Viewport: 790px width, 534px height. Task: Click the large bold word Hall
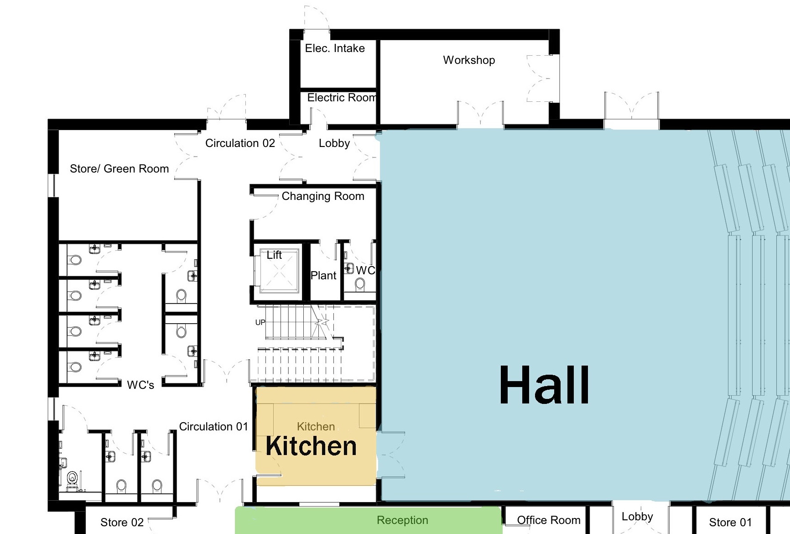coord(544,385)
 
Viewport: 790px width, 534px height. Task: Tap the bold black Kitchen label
coord(311,446)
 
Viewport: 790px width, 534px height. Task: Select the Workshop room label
coord(469,60)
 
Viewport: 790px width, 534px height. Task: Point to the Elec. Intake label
coord(335,48)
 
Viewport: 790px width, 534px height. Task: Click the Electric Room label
coord(342,98)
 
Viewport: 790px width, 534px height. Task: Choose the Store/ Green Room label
coord(119,169)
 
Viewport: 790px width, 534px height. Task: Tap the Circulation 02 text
coord(240,143)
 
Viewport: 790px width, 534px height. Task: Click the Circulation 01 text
coord(213,427)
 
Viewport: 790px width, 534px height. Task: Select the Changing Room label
coord(323,196)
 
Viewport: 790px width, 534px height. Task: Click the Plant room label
coord(323,276)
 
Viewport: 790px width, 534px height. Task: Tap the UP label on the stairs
coord(260,322)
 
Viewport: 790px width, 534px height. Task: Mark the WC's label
coord(140,385)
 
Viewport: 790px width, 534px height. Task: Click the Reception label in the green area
coord(402,520)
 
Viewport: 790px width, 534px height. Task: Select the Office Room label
coord(549,520)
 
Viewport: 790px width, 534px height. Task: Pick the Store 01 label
coord(730,523)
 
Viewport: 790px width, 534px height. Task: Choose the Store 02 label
coord(122,523)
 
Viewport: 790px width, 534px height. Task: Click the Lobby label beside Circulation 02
coord(334,143)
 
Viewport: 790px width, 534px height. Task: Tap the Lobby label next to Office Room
coord(637,517)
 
